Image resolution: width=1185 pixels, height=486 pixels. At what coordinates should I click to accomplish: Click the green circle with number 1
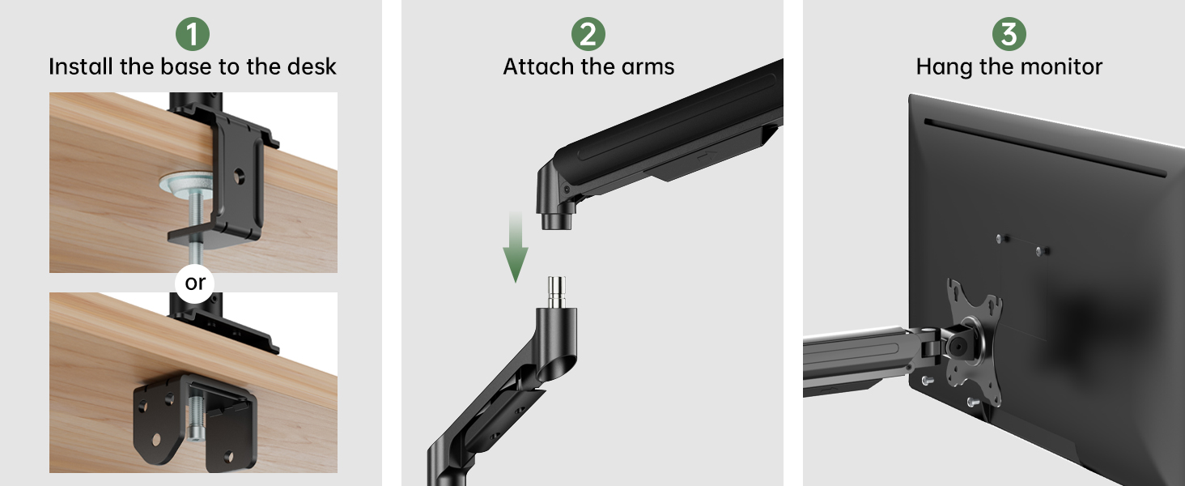pyautogui.click(x=193, y=34)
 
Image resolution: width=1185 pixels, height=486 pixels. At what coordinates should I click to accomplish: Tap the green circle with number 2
pyautogui.click(x=588, y=34)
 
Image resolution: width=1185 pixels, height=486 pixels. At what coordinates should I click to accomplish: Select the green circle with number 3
pyautogui.click(x=1009, y=34)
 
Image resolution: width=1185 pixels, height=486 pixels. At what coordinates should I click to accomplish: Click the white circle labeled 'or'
pyautogui.click(x=195, y=283)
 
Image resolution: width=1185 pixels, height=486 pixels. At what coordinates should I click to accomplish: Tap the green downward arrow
pyautogui.click(x=515, y=250)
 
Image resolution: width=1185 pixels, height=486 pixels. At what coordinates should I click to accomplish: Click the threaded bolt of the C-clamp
pyautogui.click(x=196, y=214)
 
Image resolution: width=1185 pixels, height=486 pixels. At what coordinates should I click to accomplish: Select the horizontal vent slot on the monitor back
pyautogui.click(x=1044, y=146)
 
